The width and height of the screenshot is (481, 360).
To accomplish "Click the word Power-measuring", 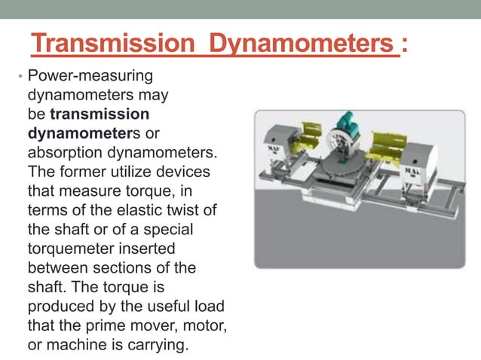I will pos(90,76).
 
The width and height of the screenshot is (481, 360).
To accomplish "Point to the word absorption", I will pos(66,153).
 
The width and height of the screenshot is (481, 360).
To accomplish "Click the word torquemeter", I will pos(72,249).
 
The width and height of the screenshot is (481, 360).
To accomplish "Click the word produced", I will pos(59,307).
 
